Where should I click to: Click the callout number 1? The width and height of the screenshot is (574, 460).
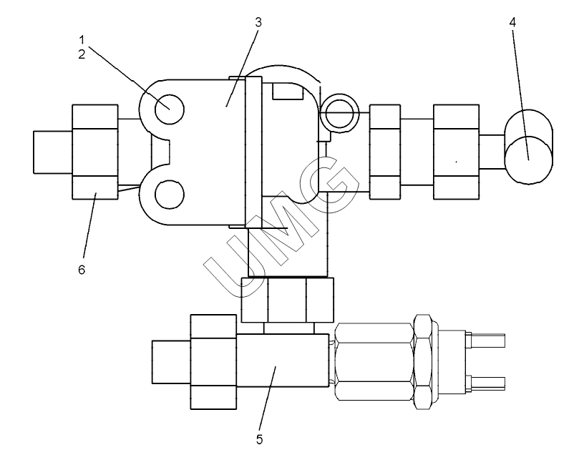point(82,39)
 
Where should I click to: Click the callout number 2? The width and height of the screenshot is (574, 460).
point(82,54)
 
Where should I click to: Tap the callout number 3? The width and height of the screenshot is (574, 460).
point(258,22)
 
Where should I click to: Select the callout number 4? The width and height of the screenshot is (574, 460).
point(512,22)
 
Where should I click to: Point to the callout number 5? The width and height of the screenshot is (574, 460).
point(259,439)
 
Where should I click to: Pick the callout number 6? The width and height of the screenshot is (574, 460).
point(82,270)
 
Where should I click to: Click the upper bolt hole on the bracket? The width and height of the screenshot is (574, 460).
point(170,109)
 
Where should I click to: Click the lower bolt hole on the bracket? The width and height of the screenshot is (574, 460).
point(170,195)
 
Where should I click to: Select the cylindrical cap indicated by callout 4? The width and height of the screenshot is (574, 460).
point(529,147)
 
